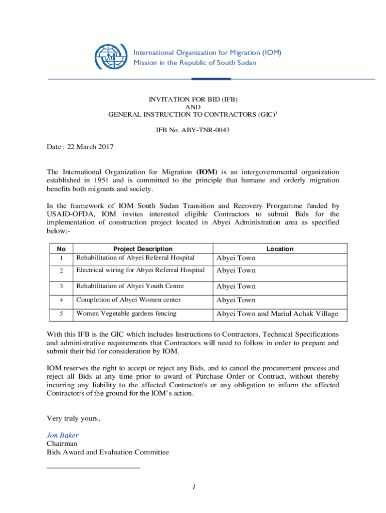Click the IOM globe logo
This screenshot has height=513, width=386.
coord(111,57)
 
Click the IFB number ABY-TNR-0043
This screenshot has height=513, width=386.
coord(193,130)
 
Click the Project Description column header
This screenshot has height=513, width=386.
coord(142,249)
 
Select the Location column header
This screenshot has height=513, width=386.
coord(280,249)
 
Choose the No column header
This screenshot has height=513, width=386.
coord(61,249)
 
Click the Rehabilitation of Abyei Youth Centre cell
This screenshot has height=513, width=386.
coord(129,286)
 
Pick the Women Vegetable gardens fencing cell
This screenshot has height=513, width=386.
coord(126,314)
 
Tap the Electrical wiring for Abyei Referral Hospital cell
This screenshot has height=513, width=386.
coord(140,270)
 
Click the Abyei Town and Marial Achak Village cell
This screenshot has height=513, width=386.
coord(277,314)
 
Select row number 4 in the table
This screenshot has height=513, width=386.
coord(61,300)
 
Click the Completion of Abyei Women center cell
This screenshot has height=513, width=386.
coord(128,300)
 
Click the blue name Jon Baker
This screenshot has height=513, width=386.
coord(62,435)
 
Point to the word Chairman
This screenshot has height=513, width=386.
coord(62,444)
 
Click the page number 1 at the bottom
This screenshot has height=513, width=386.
coord(193,487)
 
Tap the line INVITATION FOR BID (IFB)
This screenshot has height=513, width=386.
coord(193,99)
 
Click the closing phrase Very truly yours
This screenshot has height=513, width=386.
coord(73,418)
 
